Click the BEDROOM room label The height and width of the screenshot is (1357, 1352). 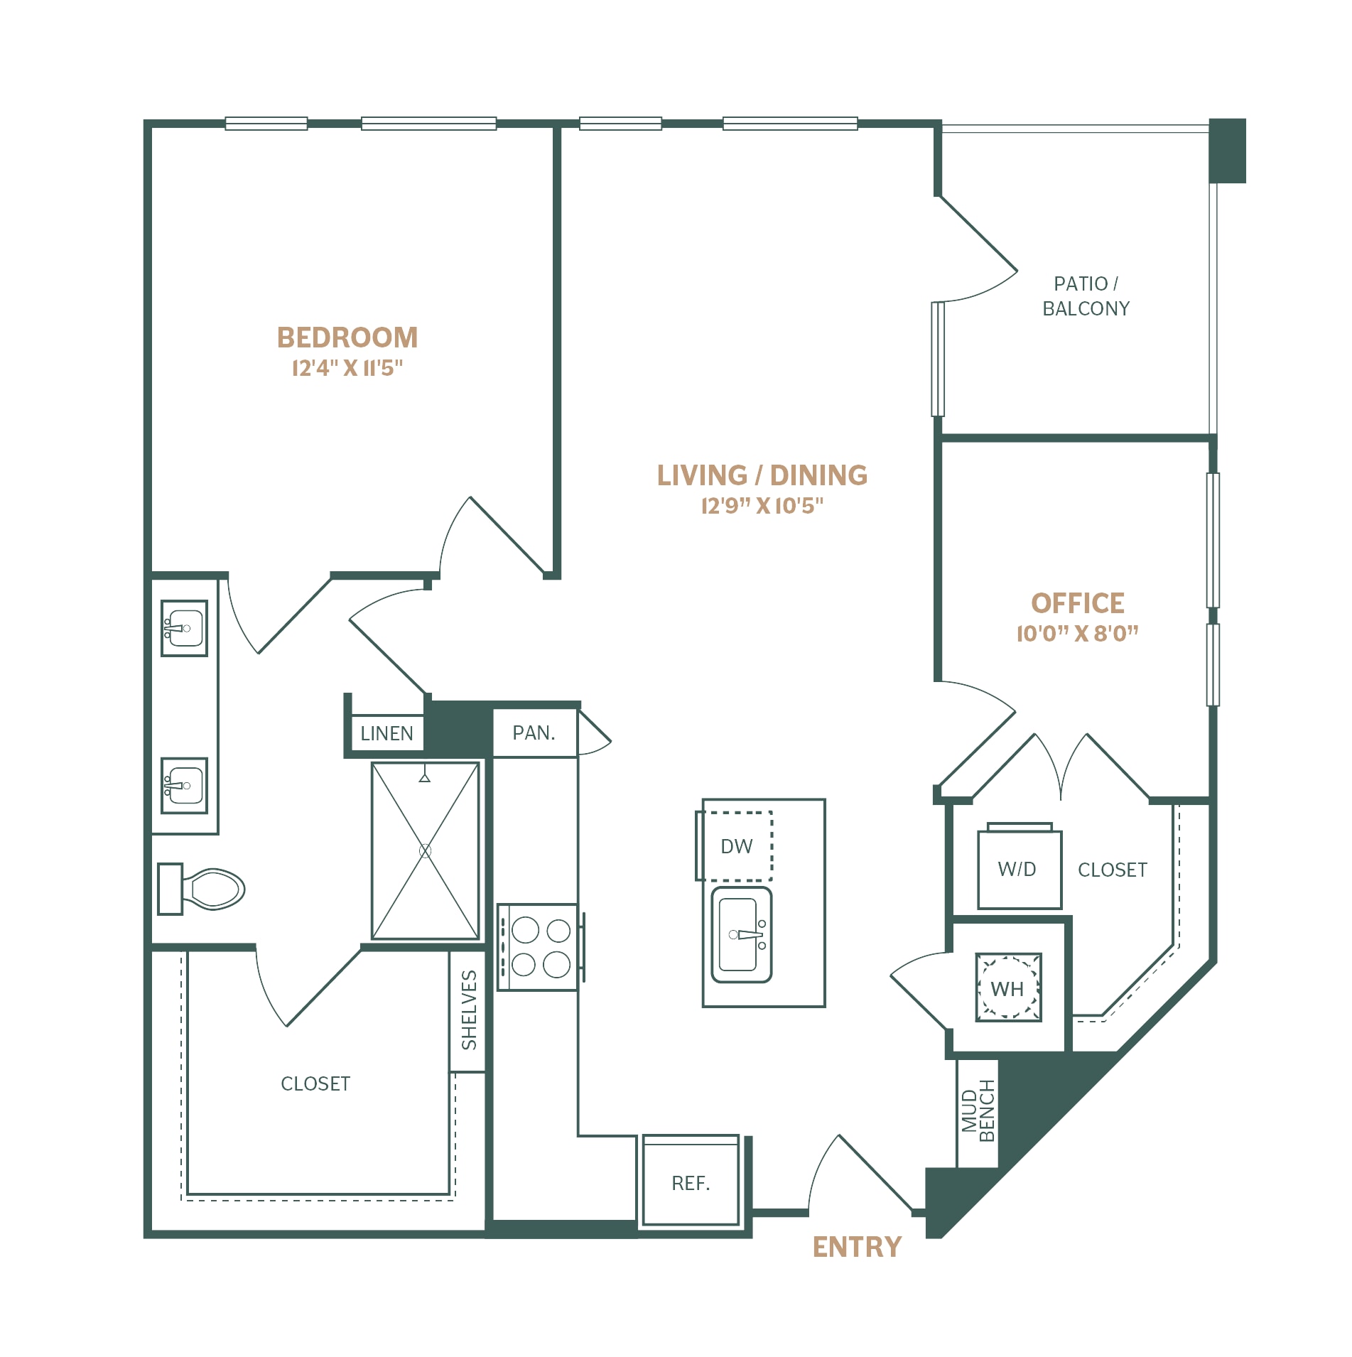point(347,337)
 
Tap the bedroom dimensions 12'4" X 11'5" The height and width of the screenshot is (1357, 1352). point(347,368)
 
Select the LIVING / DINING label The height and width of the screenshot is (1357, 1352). point(762,475)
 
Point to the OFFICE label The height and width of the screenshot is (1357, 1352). point(1077,603)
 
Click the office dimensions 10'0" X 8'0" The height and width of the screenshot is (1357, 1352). point(1077,633)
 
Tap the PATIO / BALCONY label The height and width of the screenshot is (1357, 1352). point(1086,296)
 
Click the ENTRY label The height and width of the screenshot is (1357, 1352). point(857,1247)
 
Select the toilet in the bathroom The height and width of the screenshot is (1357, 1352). point(202,888)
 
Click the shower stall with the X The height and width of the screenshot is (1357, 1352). point(425,850)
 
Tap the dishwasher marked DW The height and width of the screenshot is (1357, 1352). point(736,846)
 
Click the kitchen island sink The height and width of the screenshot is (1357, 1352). point(742,934)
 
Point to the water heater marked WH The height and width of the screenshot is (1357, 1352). point(1008,988)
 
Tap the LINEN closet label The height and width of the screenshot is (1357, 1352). point(386,733)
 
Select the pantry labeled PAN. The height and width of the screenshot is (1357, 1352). point(534,732)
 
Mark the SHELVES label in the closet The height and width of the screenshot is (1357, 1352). point(469,1010)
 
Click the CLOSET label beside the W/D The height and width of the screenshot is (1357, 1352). point(1113,870)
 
